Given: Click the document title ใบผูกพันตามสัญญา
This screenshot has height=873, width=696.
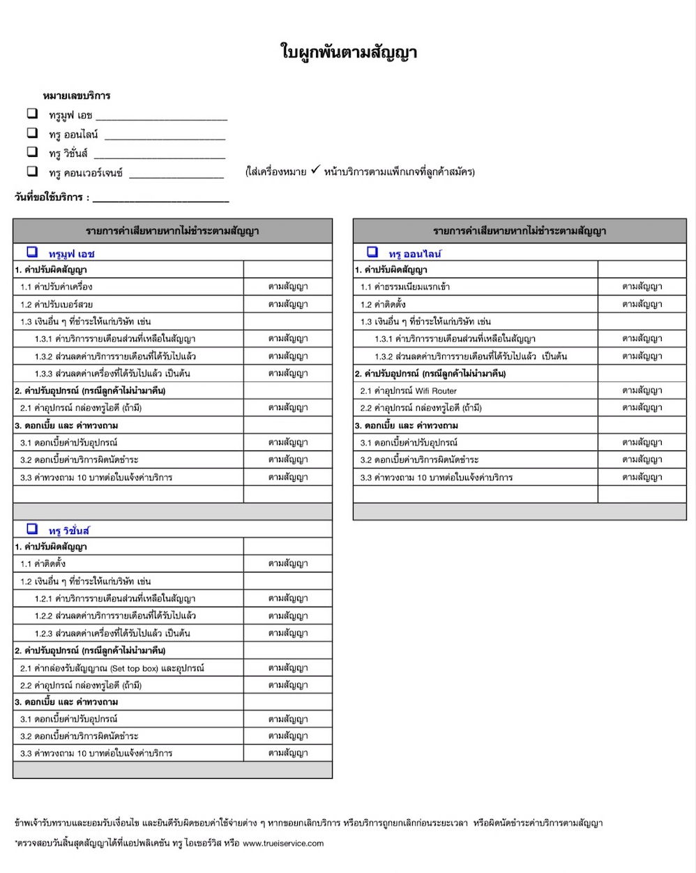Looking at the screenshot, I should coord(348,52).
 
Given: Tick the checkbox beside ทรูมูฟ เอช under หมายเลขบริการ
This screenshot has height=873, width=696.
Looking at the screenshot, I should coord(32,113).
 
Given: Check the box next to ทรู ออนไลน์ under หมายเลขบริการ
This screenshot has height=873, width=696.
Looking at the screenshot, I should coord(32,132).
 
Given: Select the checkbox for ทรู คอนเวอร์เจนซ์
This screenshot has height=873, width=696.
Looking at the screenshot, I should coord(32,171).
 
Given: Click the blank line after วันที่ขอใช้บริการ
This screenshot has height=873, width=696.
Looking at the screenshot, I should coord(160,199).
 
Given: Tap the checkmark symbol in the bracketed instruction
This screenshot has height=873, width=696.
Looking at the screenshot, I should coord(315,170).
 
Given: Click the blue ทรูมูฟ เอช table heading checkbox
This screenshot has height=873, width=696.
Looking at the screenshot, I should coord(32,252).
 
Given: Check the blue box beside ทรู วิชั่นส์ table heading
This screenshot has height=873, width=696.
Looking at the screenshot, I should coord(32,529).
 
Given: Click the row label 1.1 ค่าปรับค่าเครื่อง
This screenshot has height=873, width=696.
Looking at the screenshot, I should coord(56,287).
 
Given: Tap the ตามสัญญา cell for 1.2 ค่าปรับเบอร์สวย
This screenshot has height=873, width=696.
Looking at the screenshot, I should coord(287,304).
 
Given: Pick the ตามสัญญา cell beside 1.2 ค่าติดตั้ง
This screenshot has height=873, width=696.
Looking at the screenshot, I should coord(642,304).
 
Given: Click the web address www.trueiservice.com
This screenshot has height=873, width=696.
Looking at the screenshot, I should coord(283,843).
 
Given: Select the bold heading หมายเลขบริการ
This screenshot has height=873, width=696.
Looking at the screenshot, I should coord(77,96).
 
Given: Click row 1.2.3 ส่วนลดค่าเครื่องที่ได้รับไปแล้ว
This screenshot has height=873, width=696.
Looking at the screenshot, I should coord(112,633).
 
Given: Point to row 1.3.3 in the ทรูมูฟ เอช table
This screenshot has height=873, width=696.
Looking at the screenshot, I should coord(112,373).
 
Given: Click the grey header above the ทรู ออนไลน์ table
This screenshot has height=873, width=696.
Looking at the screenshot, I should coord(520,231).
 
